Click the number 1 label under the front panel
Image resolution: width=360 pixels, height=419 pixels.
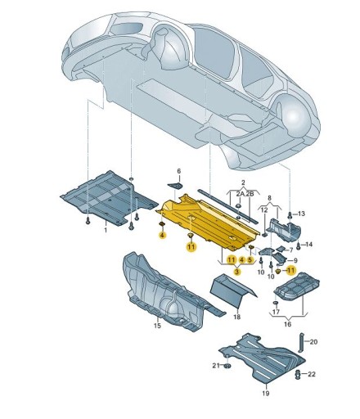104,232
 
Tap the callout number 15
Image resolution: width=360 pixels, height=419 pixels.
156,326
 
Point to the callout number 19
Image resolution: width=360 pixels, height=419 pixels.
263,393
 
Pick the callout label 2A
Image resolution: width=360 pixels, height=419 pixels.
238,192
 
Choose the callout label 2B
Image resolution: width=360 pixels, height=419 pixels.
250,192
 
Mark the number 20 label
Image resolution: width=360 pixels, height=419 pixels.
314,341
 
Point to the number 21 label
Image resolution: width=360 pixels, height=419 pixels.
215,366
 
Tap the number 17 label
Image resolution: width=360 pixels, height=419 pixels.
276,313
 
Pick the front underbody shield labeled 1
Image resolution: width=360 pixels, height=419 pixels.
102,196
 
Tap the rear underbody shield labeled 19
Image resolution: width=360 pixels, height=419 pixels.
262,358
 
